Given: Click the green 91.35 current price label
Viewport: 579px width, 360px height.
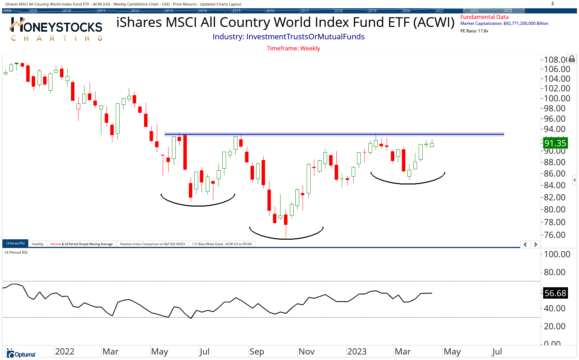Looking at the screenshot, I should tap(555, 143).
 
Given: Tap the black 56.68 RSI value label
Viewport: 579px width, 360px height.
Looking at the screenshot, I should tap(555, 293).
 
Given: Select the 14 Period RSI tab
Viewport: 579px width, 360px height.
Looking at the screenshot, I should tap(15, 243).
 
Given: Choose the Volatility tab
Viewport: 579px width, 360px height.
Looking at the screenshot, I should tap(37, 244).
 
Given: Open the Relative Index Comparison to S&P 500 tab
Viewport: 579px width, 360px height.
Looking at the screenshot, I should tap(152, 244).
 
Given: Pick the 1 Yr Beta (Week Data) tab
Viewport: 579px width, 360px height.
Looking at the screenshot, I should tap(222, 244).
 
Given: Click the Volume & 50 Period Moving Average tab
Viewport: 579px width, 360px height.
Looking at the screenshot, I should tap(81, 244).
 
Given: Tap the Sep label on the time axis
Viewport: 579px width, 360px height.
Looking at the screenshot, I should tap(257, 352).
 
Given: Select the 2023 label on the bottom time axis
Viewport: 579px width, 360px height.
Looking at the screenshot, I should tap(357, 352).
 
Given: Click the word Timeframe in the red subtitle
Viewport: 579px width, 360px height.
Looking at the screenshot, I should tap(282, 48).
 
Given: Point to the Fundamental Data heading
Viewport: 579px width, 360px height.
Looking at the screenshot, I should tap(484, 17).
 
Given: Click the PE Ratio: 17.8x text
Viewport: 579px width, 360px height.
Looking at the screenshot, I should tap(474, 31).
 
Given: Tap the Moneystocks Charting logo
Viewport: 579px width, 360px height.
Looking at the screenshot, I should tap(56, 29).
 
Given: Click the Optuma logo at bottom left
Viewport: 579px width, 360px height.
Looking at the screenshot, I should tap(21, 354).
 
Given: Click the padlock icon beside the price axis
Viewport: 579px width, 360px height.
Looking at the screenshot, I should tap(572, 59).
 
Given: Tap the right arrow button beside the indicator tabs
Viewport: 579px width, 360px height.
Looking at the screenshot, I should tap(536, 244).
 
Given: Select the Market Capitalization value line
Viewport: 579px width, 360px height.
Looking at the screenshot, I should tap(504, 23).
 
